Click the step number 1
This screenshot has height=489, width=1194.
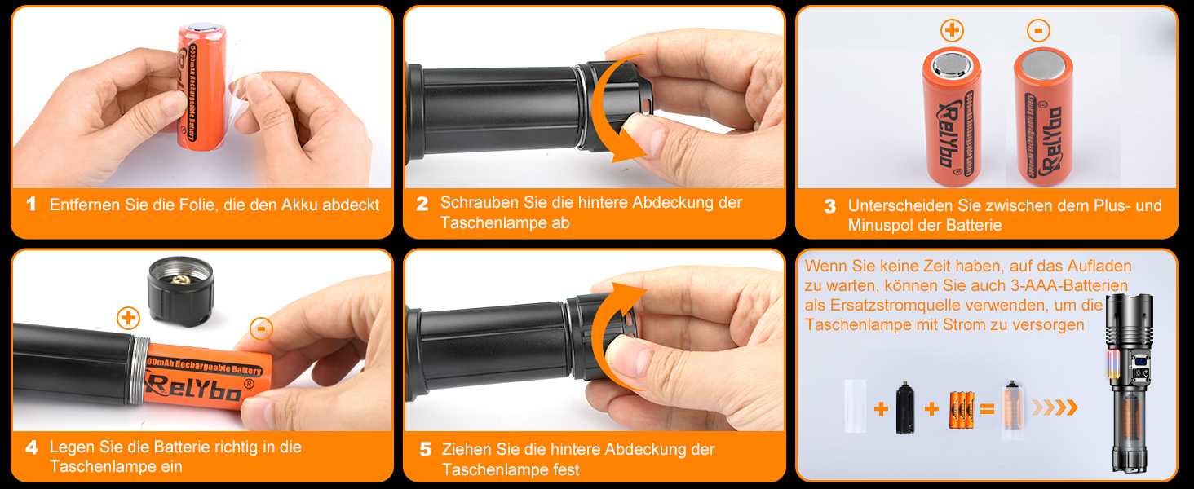click(x=32, y=204)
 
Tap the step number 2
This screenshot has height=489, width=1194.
click(x=422, y=204)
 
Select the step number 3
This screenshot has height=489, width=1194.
click(x=830, y=206)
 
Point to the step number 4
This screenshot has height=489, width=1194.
click(x=32, y=447)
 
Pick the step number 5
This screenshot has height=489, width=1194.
click(x=426, y=450)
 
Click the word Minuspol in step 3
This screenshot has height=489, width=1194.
click(x=882, y=225)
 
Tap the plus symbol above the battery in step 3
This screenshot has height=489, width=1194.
click(x=953, y=30)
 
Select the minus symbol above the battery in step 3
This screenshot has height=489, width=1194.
click(x=1038, y=30)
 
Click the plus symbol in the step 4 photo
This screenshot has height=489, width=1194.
click(x=128, y=319)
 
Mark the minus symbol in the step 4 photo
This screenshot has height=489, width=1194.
click(x=261, y=328)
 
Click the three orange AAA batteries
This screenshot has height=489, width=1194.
click(x=962, y=410)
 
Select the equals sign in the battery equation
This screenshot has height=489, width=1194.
click(x=987, y=409)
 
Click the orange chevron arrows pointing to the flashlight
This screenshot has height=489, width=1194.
click(x=1055, y=407)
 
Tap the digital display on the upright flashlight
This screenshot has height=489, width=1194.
click(x=1140, y=362)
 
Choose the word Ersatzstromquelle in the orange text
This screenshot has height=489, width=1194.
click(x=896, y=306)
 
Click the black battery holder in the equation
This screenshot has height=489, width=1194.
click(x=904, y=407)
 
